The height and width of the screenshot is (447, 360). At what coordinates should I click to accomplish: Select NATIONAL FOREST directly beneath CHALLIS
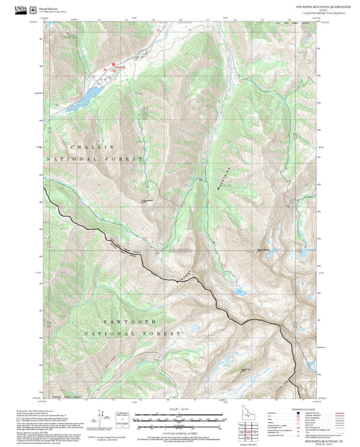pyautogui.click(x=95, y=159)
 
